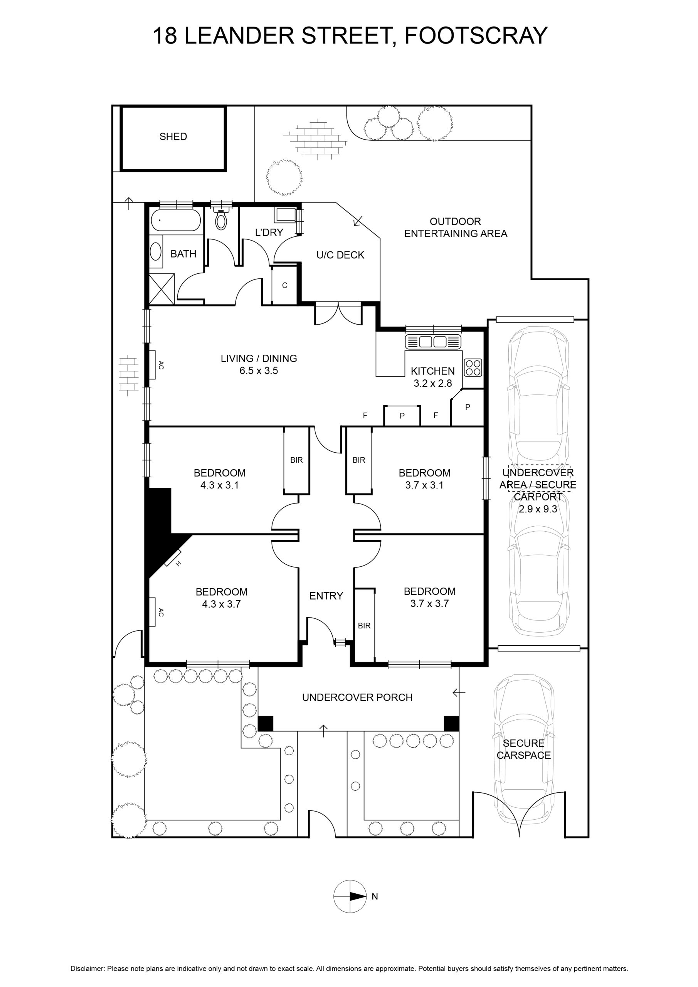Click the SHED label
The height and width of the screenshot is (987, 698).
(173, 137)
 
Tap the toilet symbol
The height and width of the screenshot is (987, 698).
(221, 219)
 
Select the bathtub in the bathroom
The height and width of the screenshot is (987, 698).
(176, 221)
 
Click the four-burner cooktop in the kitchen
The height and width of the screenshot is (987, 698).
(473, 367)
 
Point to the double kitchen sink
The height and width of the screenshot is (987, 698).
(433, 342)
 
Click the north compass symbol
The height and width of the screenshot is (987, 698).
(350, 896)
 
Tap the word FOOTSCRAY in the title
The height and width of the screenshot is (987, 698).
(476, 36)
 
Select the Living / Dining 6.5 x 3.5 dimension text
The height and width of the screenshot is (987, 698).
(259, 371)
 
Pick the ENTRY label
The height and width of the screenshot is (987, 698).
(326, 596)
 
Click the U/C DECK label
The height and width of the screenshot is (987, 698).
(340, 255)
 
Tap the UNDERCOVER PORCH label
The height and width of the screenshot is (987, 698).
(357, 697)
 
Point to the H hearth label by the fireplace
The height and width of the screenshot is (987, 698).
(178, 564)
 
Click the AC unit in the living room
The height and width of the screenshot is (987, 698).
(152, 365)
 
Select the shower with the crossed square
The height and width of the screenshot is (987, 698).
(162, 289)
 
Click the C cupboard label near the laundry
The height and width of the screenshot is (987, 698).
(284, 285)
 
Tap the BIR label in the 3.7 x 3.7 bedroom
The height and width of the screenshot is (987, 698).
(364, 626)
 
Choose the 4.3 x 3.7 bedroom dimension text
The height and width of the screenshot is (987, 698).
(221, 604)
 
